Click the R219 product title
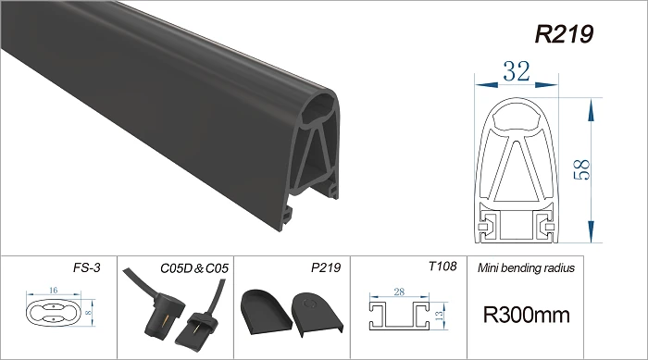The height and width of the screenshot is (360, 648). coord(564,34)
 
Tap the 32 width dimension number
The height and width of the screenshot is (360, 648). coord(517,71)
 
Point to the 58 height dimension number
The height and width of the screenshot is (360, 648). coord(582,169)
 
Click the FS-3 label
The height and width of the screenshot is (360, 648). coord(87,267)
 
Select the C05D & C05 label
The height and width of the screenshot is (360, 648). coord(194,268)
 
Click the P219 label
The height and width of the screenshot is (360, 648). coord(326,267)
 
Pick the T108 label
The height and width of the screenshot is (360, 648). coord(442,267)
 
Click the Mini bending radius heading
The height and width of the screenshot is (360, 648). coord(526,268)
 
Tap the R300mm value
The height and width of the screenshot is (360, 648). coord(527,315)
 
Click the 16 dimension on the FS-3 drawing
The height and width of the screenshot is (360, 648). coord(54,291)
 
